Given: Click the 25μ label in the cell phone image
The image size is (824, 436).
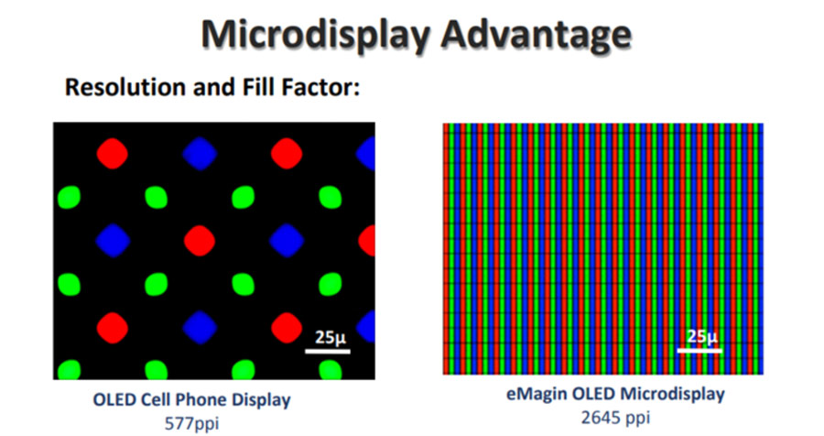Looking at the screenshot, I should point(330,337).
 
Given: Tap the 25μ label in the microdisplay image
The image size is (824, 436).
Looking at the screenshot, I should point(703,336).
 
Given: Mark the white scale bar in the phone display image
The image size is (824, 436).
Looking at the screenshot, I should point(327,350).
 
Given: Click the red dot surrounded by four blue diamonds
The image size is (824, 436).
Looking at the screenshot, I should point(199,241).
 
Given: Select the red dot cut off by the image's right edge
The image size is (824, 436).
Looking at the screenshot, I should point(368,241).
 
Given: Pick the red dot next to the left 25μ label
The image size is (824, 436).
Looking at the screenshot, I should point(286,326).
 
